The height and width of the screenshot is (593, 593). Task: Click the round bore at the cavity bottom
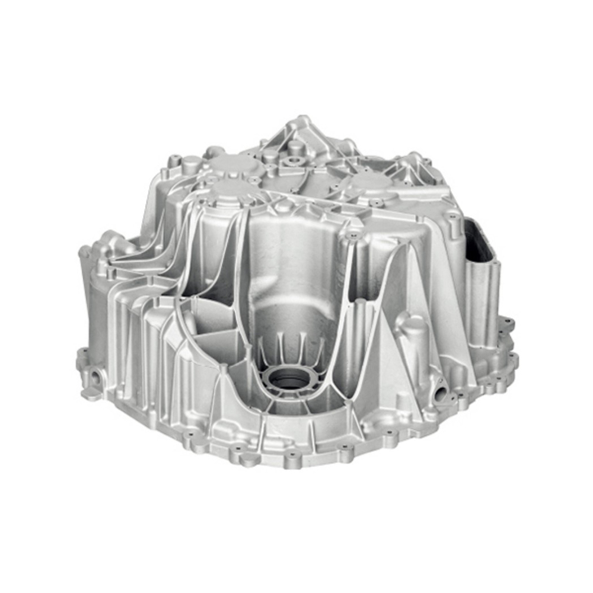click(289, 378)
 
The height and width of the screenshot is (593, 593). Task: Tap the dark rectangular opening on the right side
click(480, 240)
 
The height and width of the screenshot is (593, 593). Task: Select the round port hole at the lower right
click(440, 393)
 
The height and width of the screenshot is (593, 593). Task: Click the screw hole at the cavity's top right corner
click(354, 235)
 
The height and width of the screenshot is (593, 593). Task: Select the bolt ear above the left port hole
click(83, 356)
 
